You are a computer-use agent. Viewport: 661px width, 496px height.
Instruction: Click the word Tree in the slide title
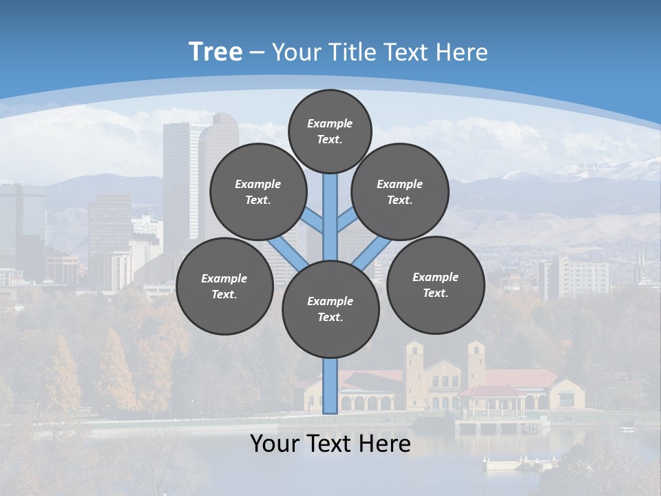216,52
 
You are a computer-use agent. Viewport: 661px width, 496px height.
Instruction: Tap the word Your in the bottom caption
277,444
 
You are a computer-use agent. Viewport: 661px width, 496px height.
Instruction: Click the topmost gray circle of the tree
330,131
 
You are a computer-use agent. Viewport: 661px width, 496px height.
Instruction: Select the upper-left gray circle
258,192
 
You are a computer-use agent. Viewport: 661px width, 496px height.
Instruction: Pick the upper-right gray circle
400,192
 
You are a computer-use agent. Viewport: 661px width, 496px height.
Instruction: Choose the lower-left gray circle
224,286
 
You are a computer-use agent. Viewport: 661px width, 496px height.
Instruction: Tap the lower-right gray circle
435,285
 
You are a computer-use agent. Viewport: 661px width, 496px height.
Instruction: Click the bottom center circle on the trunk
330,309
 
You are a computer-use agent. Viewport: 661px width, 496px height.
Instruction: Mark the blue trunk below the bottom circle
330,386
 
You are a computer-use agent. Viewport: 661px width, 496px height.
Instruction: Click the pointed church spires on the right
644,269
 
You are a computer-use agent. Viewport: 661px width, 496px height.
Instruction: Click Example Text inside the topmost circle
330,131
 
